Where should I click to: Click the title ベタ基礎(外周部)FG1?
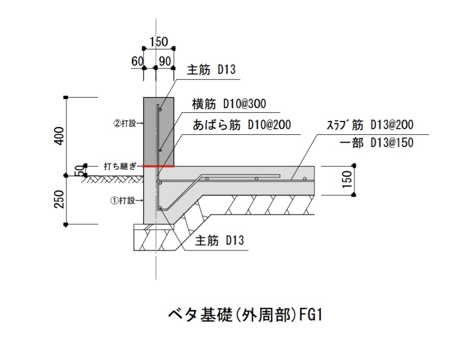coord(245,314)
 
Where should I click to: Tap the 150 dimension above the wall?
coord(158,41)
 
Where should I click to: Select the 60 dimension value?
coord(137,61)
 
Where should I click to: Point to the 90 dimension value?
coord(165,61)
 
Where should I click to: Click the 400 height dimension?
coord(59,136)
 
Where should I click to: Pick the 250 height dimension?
coord(59,200)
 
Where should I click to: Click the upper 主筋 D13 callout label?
coord(211,69)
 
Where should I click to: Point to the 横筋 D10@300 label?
coord(229,104)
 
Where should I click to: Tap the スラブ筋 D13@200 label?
coord(369,125)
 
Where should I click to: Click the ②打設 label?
coord(126,123)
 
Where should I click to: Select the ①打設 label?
coord(125,201)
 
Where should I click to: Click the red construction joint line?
coord(159,166)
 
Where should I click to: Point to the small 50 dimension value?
coord(79,171)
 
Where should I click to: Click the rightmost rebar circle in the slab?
coord(305,179)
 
